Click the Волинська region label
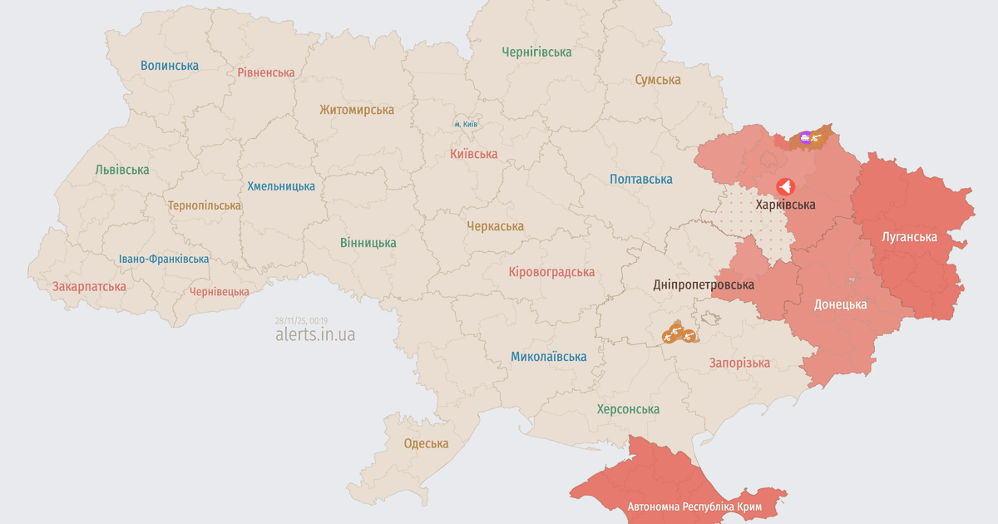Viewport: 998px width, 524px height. pyautogui.click(x=170, y=65)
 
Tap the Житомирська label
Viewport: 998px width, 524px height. pyautogui.click(x=357, y=109)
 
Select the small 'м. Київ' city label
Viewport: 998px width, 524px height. pyautogui.click(x=466, y=124)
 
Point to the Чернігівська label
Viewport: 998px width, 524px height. pyautogui.click(x=536, y=52)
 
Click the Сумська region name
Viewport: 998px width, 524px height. pyautogui.click(x=657, y=80)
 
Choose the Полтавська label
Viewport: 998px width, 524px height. pyautogui.click(x=640, y=179)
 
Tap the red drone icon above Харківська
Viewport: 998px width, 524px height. pyautogui.click(x=785, y=186)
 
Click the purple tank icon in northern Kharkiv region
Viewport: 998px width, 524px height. pyautogui.click(x=805, y=137)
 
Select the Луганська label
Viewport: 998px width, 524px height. pyautogui.click(x=909, y=237)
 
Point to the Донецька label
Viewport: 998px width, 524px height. pyautogui.click(x=840, y=304)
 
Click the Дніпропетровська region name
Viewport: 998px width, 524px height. pyautogui.click(x=704, y=284)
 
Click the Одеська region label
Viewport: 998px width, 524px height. pyautogui.click(x=426, y=443)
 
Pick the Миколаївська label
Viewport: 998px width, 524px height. pyautogui.click(x=548, y=357)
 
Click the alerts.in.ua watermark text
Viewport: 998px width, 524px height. pyautogui.click(x=315, y=334)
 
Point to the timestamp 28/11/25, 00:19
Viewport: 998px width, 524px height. pyautogui.click(x=301, y=320)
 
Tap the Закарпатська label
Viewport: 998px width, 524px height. pyautogui.click(x=89, y=286)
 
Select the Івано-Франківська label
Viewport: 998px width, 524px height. pyautogui.click(x=164, y=259)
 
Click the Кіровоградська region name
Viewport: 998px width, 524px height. pyautogui.click(x=551, y=272)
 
